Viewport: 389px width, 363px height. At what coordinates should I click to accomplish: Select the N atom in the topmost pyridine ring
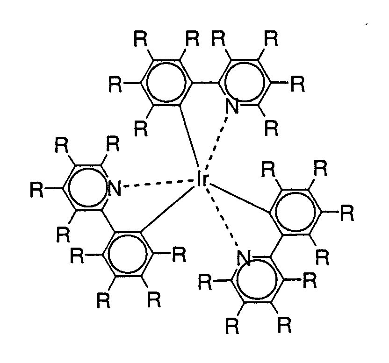(231, 107)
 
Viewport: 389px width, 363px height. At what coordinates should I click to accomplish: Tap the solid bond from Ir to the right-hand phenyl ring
(238, 199)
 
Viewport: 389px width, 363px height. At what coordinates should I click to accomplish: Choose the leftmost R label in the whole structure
(36, 190)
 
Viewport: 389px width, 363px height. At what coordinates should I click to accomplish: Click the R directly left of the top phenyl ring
(115, 85)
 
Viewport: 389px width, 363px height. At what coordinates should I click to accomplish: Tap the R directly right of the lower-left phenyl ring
(179, 255)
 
